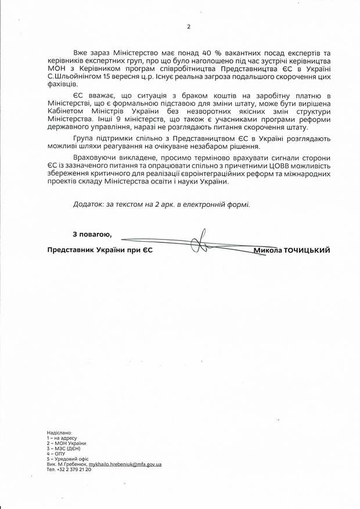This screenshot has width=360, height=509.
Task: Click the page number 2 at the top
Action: click(x=189, y=26)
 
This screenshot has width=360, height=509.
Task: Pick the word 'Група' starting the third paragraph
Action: click(x=84, y=138)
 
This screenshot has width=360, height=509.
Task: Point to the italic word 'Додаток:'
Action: click(x=88, y=204)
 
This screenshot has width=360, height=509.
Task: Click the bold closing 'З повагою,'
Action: click(x=92, y=234)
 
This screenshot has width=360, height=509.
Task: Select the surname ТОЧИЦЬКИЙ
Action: click(x=306, y=250)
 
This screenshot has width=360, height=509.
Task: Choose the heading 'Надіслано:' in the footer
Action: click(x=59, y=433)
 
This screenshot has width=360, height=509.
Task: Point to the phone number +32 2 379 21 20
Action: click(x=74, y=469)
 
